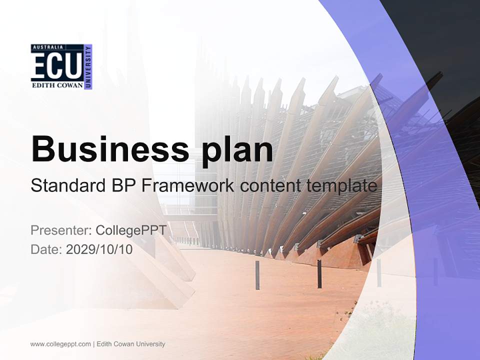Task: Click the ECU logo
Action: [x=61, y=66]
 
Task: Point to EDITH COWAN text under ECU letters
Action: [x=57, y=85]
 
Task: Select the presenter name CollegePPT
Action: [x=131, y=230]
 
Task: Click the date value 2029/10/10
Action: [x=99, y=249]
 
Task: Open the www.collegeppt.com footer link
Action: [x=60, y=344]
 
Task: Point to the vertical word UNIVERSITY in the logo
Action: [x=88, y=66]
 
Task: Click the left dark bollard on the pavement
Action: [x=257, y=274]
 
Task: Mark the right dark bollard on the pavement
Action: [x=319, y=274]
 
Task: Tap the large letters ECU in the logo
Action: [x=56, y=65]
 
